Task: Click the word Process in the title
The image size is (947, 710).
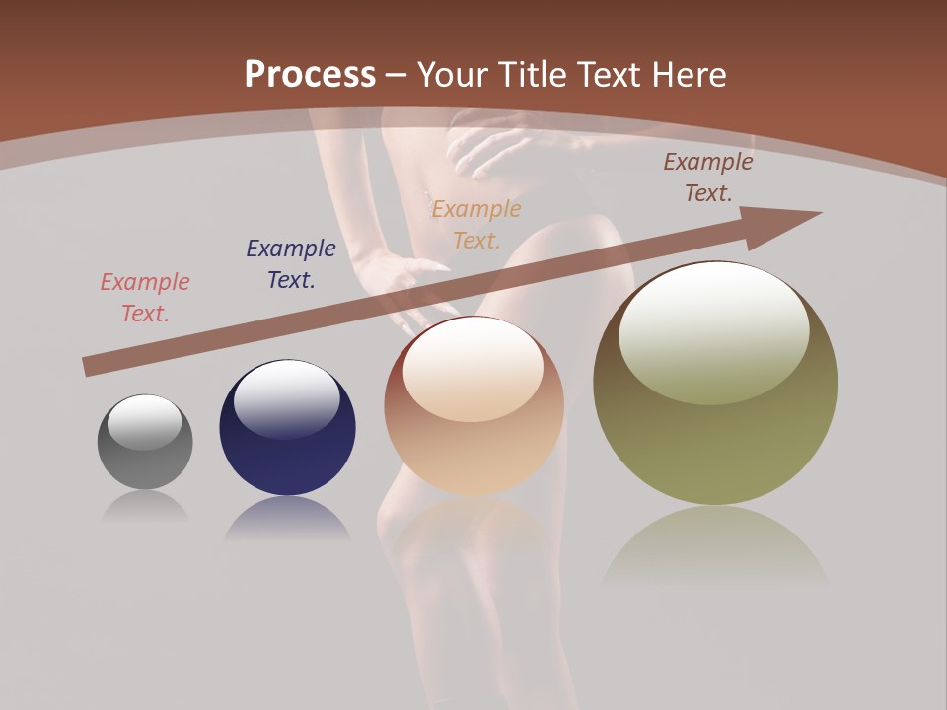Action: click(x=310, y=74)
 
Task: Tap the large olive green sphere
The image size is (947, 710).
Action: click(x=715, y=434)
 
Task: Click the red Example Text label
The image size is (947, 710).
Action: click(x=145, y=297)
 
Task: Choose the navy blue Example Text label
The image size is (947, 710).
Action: click(x=291, y=263)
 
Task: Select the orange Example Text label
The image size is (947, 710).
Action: click(x=476, y=224)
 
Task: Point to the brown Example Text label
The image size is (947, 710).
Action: click(x=708, y=177)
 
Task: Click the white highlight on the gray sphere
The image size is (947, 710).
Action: click(x=145, y=422)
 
